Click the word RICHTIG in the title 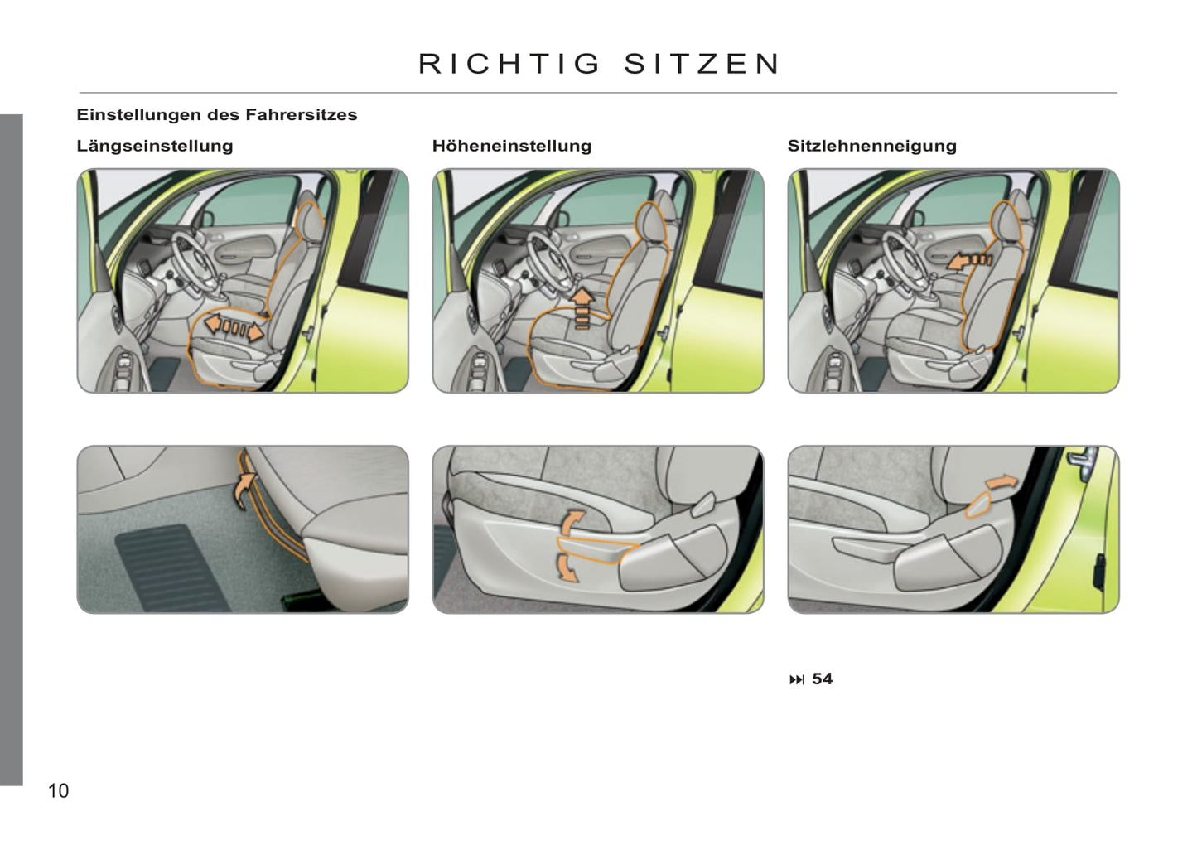[509, 64]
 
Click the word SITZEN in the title [702, 64]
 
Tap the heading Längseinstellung [155, 146]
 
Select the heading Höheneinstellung [512, 146]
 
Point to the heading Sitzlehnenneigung [872, 146]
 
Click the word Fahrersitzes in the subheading [302, 114]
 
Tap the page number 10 [59, 790]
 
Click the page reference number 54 [823, 679]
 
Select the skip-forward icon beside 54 [797, 680]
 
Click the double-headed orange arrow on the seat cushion [234, 327]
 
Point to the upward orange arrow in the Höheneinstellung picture [582, 308]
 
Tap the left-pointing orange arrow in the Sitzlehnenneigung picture [969, 261]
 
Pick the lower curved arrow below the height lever [567, 567]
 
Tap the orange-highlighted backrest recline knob [978, 505]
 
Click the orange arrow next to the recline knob [1001, 481]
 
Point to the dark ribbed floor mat [170, 567]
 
